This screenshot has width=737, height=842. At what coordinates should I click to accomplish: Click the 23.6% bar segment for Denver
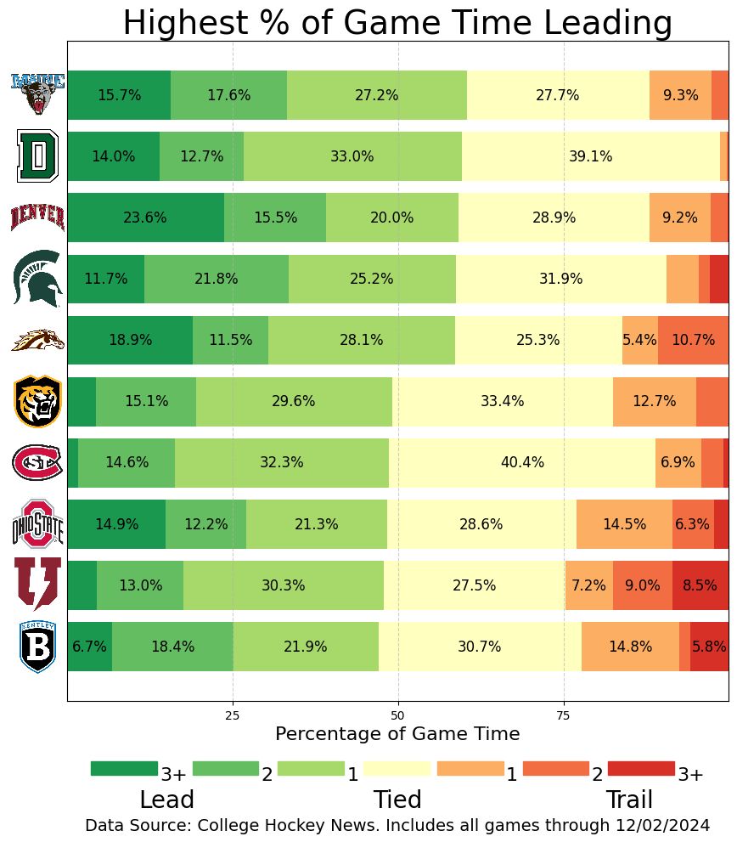tap(145, 218)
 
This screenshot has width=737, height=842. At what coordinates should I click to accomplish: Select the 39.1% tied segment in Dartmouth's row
tap(591, 156)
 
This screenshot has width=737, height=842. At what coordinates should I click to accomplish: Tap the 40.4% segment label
tap(522, 463)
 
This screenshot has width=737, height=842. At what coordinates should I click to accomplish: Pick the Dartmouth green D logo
tap(37, 156)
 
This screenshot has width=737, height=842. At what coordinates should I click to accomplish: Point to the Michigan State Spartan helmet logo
tap(38, 279)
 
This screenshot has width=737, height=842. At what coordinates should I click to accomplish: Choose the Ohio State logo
tap(38, 524)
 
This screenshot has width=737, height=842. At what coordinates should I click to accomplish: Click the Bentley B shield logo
tap(38, 647)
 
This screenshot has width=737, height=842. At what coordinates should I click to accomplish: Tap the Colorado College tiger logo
tap(38, 402)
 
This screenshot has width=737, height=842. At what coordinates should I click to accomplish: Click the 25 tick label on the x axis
tap(233, 715)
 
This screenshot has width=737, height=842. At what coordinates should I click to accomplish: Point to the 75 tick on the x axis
tap(563, 715)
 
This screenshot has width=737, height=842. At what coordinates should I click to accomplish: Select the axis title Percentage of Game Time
tap(397, 733)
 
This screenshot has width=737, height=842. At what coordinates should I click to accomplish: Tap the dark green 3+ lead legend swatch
tap(124, 769)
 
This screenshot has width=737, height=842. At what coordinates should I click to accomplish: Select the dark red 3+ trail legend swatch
tap(641, 769)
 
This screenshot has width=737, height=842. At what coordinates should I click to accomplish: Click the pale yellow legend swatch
tap(397, 769)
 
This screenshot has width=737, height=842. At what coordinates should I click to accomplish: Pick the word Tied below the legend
tap(397, 800)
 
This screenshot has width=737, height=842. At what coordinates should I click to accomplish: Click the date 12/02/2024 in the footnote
tap(660, 825)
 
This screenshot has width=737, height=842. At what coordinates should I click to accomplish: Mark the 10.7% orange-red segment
tap(693, 340)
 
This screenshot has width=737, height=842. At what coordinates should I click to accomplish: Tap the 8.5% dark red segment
tap(700, 585)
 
